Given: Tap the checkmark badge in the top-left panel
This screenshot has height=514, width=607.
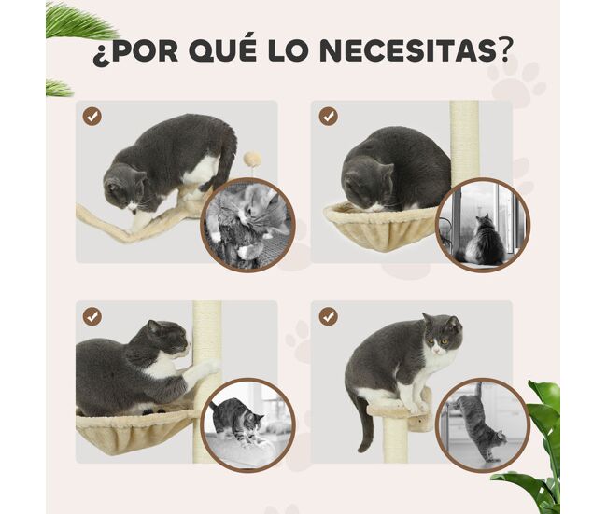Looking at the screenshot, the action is pyautogui.click(x=92, y=117).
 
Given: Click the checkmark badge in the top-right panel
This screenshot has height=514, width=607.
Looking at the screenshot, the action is pyautogui.click(x=329, y=117).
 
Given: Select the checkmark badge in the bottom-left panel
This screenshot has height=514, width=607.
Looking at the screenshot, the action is pyautogui.click(x=92, y=317).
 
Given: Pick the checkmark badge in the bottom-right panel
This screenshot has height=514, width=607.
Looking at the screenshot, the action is pyautogui.click(x=329, y=317).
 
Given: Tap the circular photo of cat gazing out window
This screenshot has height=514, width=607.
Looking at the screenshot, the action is pyautogui.click(x=483, y=225).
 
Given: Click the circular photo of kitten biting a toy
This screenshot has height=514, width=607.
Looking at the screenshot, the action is pyautogui.click(x=247, y=225).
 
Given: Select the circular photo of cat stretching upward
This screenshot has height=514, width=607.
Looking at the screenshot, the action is pyautogui.click(x=483, y=424).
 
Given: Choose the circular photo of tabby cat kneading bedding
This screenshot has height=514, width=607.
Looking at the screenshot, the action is pyautogui.click(x=247, y=424).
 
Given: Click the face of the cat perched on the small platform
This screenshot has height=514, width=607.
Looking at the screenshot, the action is pyautogui.click(x=442, y=337).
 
